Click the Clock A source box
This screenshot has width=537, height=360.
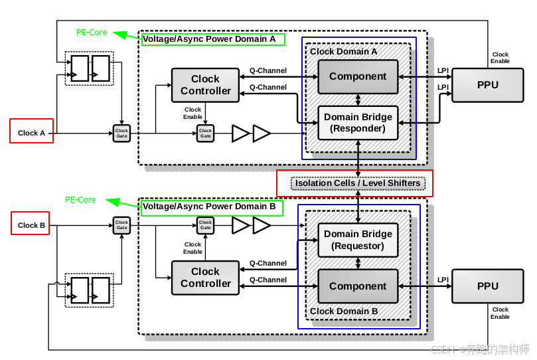(31, 131)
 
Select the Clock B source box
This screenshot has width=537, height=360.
(30, 223)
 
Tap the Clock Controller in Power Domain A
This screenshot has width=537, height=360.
(205, 85)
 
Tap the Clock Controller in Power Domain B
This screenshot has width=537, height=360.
(205, 278)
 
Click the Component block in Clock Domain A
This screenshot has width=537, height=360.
(358, 76)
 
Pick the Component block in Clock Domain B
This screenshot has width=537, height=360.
(358, 286)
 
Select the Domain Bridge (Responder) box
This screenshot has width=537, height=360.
(358, 123)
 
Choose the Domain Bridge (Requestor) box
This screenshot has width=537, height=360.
(358, 240)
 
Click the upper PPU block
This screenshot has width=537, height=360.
(488, 85)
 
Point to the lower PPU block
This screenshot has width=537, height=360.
(488, 286)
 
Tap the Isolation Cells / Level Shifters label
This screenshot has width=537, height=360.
(358, 183)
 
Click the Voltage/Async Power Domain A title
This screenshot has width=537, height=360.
(209, 39)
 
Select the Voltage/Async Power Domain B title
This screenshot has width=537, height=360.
(209, 207)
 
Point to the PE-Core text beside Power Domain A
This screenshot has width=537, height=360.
(92, 32)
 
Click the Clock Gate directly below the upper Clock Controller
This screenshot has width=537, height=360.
(206, 134)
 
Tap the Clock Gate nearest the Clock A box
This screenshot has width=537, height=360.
(121, 134)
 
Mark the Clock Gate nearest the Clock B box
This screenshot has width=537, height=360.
(121, 225)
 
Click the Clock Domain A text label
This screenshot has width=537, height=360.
(343, 51)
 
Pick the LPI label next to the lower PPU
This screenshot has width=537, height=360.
(443, 280)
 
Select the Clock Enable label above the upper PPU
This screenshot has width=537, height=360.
(500, 58)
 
